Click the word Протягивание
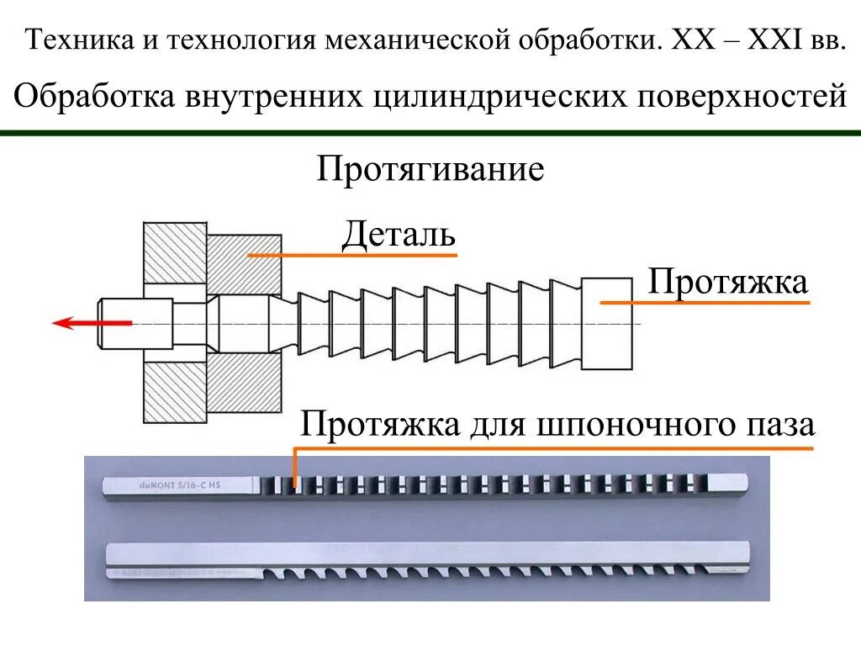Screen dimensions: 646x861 (x=430, y=171)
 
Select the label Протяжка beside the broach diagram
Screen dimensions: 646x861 (x=728, y=283)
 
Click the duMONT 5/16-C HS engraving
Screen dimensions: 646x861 (x=180, y=485)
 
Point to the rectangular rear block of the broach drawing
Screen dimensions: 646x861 (x=605, y=324)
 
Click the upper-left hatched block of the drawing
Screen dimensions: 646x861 (x=175, y=252)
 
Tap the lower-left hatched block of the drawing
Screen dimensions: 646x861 (x=175, y=392)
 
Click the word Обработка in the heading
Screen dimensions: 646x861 (x=88, y=96)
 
